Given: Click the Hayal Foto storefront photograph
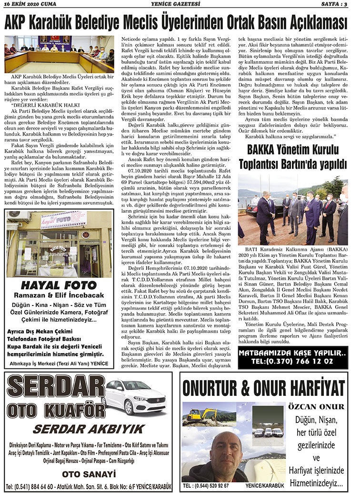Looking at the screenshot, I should click(x=59, y=244).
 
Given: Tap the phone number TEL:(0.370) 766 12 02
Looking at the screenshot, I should click(x=292, y=361).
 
